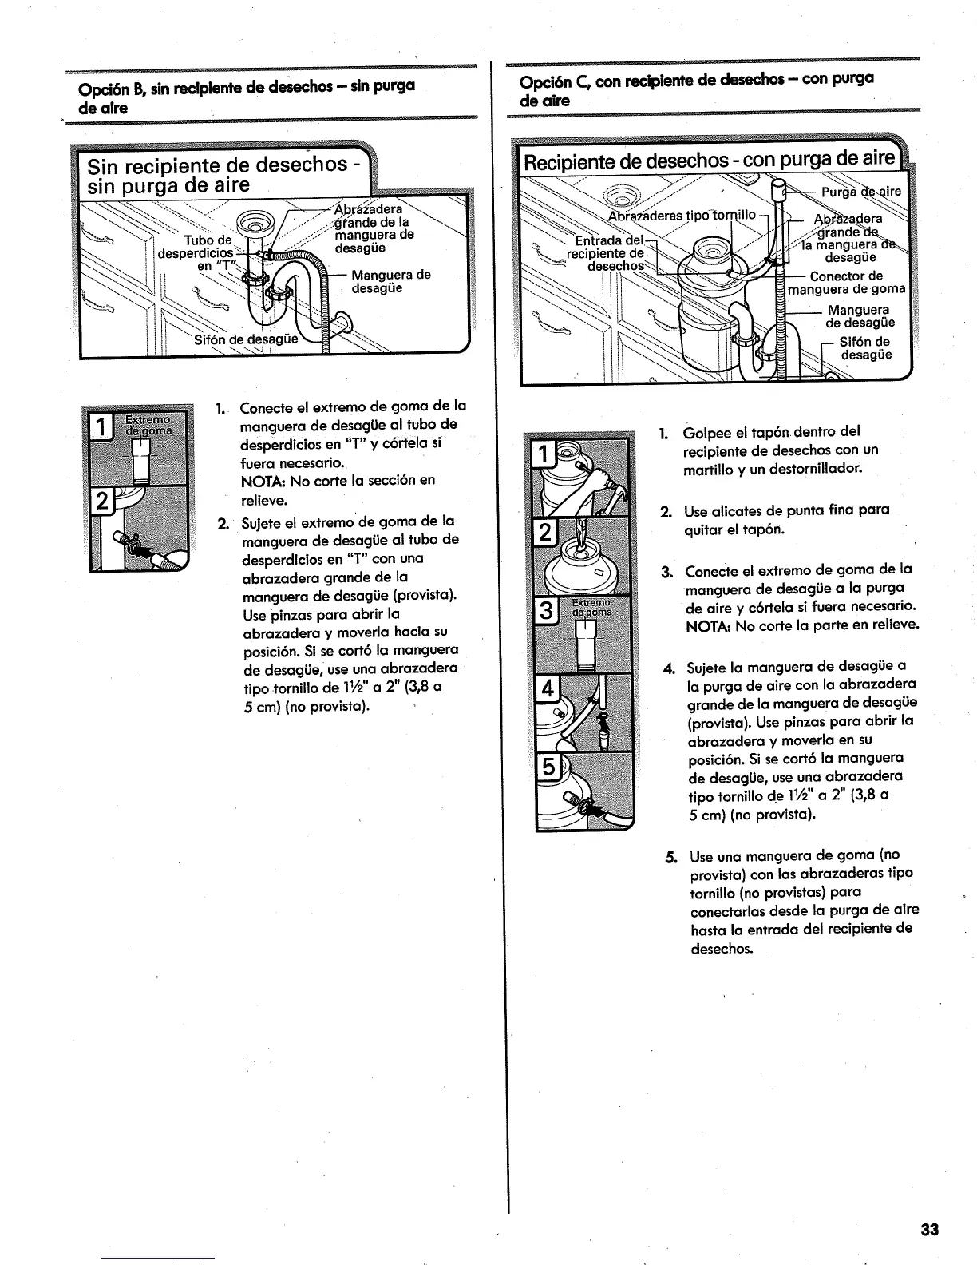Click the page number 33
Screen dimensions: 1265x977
pyautogui.click(x=929, y=1230)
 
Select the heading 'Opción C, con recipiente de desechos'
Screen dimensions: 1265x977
pyautogui.click(x=697, y=89)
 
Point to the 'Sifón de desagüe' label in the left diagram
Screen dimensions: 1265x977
pyautogui.click(x=246, y=338)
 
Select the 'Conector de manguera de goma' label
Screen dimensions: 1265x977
pyautogui.click(x=847, y=283)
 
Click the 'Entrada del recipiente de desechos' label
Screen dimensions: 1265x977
pyautogui.click(x=609, y=253)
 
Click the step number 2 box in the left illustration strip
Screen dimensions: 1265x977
pyautogui.click(x=103, y=502)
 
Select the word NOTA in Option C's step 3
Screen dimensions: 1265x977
pyautogui.click(x=704, y=625)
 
